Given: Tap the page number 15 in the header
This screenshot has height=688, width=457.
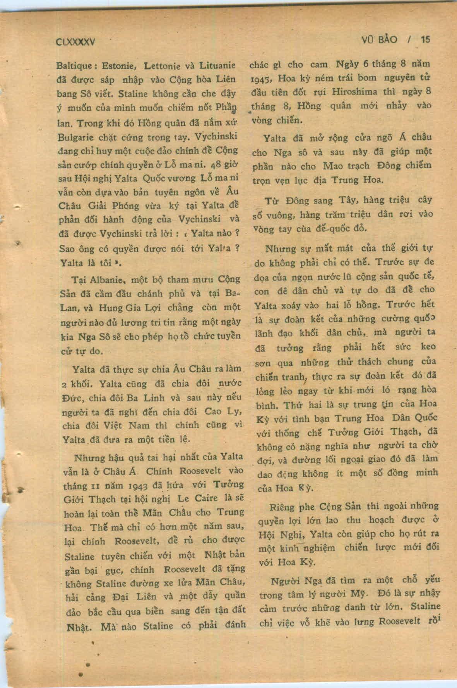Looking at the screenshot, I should tap(425, 39).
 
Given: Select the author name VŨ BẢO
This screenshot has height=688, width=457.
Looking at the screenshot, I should tap(379, 39).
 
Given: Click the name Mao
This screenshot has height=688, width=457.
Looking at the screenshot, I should tap(333, 166).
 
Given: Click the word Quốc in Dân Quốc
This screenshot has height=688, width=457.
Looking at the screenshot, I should tap(424, 418).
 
